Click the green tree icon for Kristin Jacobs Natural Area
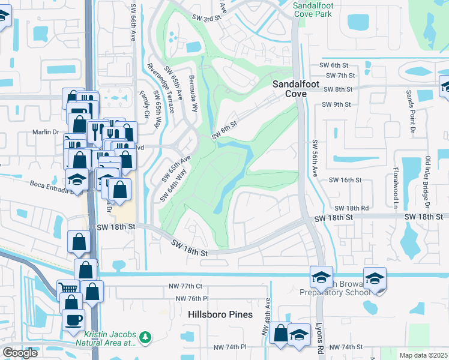145,339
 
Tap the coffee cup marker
73,320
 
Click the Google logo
20,353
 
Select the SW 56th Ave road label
314,159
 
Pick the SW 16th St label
345,179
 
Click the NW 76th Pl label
192,298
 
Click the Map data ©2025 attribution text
422,355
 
